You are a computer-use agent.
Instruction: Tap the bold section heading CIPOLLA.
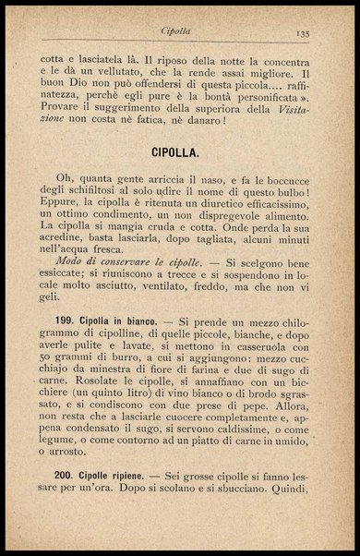[179, 149]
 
